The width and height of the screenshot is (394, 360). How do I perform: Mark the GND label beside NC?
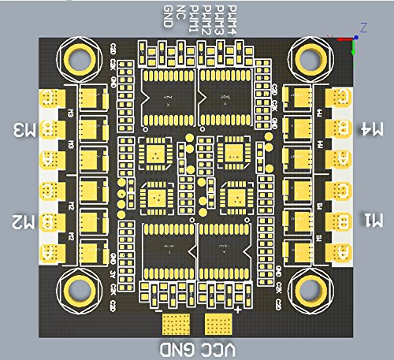coord(169,16)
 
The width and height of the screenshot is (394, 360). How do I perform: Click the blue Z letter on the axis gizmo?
coord(363,27)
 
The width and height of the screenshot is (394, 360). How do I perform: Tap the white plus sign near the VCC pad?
coord(238,312)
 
